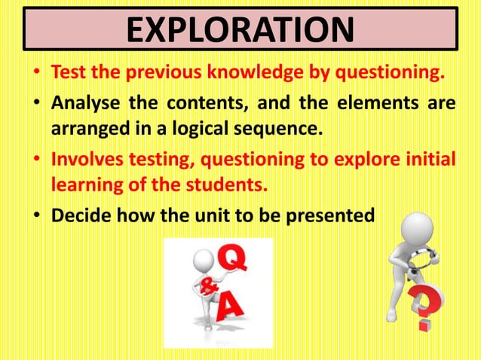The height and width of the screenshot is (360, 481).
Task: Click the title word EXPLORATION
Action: pyautogui.click(x=240, y=31)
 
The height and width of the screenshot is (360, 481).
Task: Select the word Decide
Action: pyautogui.click(x=78, y=215)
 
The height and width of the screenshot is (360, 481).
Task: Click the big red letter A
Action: pyautogui.click(x=233, y=307)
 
